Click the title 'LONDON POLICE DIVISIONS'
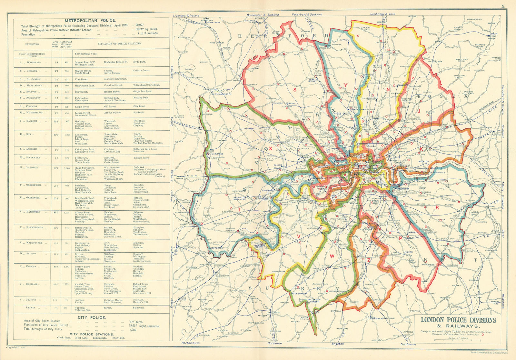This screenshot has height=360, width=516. pos(458,320)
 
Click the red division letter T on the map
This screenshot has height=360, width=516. pos(240,209)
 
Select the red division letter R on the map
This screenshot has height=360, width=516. pos(437,208)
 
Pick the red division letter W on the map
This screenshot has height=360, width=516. pos(332,256)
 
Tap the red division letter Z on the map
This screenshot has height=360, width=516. pos(368,260)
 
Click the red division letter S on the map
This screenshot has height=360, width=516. pos(295,90)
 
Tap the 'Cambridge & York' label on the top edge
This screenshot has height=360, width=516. pos(382,14)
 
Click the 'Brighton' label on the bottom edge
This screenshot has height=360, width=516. pos(338,344)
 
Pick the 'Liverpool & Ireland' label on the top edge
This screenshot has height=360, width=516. pos(186,15)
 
